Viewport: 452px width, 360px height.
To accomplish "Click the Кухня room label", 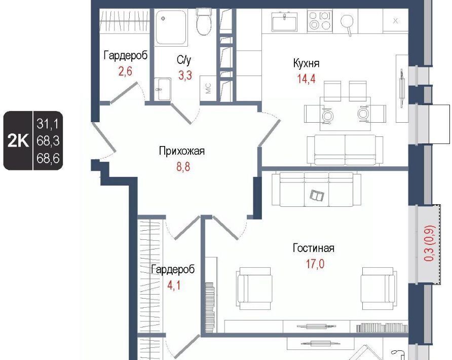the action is pos(306,63).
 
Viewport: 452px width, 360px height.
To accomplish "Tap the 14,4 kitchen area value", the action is pos(306,78).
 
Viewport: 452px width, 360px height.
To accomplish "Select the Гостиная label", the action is pos(313,248).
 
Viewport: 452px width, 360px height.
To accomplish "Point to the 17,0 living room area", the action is pos(315,264).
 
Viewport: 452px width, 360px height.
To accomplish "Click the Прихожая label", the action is pos(181,151).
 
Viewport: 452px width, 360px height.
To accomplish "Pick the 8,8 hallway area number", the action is pos(183,167).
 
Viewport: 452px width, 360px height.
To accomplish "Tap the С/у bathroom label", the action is pos(184,60).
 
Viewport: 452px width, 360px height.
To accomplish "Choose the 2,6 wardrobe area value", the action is pos(125,70).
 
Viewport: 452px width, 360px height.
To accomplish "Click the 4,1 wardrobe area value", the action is pos(174,285).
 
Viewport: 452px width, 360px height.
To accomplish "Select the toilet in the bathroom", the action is pos(204,22).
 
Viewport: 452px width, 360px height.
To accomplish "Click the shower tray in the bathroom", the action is pos(171,27).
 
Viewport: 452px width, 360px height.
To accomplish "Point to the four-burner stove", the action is pos(319,20).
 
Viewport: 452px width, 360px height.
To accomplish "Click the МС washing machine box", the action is pos(208,88).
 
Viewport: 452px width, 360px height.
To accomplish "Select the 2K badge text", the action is pos(18,141).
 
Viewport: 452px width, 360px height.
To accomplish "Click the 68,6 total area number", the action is pos(48,158).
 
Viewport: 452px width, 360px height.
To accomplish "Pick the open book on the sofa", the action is pos(317,196).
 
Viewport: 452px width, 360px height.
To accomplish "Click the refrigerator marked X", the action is pos(395,20).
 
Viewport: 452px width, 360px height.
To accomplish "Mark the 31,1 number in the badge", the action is pos(48,124).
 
